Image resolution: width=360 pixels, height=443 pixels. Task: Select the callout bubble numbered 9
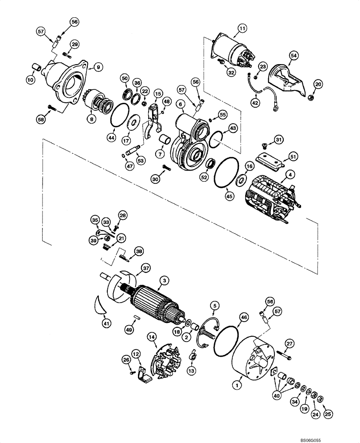[x=98, y=67]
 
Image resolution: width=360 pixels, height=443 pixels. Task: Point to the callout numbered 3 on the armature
[x=164, y=280]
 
